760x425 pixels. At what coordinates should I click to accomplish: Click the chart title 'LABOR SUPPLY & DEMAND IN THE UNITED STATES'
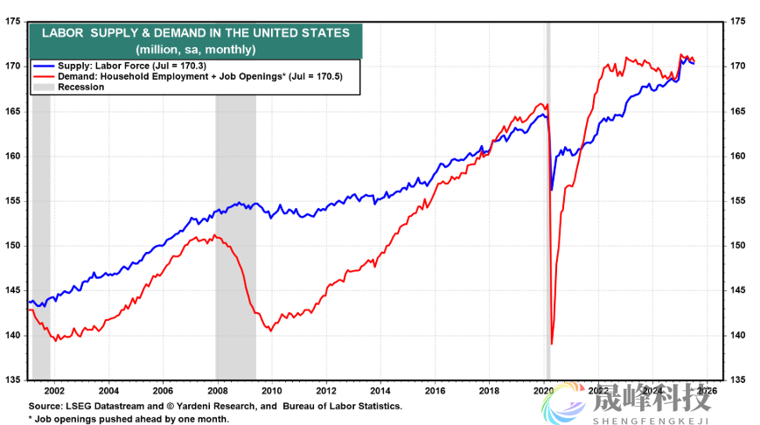[x=195, y=32]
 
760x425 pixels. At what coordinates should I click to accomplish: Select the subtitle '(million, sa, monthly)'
[x=195, y=48]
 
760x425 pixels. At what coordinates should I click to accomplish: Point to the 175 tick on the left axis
[x=13, y=21]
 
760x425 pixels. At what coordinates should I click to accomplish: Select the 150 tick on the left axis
[x=13, y=246]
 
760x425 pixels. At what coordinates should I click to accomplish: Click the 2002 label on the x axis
[x=53, y=390]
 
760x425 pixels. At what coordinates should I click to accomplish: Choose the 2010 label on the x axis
[x=271, y=390]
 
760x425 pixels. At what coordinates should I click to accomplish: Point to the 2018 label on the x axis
[x=489, y=390]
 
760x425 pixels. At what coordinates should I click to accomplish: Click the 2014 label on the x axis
[x=380, y=390]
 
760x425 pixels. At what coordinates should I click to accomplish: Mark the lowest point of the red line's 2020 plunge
[x=552, y=344]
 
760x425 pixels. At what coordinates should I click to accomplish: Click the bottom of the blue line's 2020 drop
[x=551, y=189]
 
